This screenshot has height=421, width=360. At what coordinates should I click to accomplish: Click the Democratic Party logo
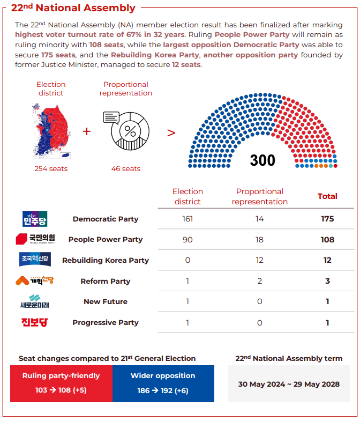tap(35, 219)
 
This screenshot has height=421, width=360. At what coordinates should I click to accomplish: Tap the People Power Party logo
tap(35, 239)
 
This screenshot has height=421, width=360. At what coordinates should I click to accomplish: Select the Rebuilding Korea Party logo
tap(35, 260)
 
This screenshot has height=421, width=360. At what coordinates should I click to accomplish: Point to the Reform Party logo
tap(35, 280)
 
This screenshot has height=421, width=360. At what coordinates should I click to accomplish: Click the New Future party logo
tap(35, 301)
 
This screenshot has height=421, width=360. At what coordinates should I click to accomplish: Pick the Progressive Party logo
tap(35, 322)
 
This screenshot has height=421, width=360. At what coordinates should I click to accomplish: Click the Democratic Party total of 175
tap(327, 219)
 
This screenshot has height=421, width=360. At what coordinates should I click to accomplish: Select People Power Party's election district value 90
tap(187, 240)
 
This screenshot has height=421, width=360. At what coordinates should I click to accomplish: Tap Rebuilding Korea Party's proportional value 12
tap(259, 260)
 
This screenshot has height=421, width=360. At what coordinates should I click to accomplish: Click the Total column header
tap(327, 196)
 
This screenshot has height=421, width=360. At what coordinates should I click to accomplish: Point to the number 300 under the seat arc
tap(262, 160)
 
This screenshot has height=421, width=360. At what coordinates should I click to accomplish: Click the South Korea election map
tap(51, 130)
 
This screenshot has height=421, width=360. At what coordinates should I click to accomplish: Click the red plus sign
tap(87, 132)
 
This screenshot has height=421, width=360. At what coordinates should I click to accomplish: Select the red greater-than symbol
tap(171, 132)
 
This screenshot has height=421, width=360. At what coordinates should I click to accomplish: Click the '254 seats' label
tap(51, 169)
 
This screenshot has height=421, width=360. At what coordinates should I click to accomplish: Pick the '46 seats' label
tap(126, 169)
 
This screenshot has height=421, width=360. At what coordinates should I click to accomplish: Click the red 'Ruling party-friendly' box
tap(61, 383)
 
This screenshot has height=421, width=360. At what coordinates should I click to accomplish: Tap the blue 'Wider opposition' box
tap(163, 383)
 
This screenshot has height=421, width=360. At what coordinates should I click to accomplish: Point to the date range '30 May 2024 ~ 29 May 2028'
tap(289, 384)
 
